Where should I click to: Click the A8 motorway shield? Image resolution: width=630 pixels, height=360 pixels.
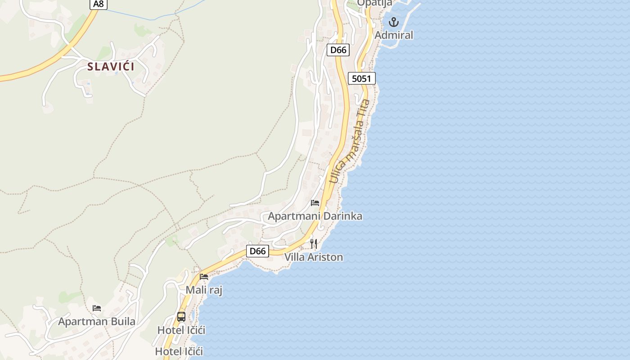click(99, 4)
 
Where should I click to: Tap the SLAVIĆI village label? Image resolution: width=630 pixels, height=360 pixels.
click(111, 67)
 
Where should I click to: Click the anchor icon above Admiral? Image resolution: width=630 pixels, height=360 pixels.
click(394, 22)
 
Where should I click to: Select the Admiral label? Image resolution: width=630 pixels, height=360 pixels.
click(394, 35)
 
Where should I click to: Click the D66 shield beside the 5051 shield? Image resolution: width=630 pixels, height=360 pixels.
click(338, 50)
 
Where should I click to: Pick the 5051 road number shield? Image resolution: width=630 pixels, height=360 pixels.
click(361, 79)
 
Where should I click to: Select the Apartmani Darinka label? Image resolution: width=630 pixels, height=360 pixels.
click(315, 216)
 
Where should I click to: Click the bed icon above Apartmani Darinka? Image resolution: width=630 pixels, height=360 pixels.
click(315, 203)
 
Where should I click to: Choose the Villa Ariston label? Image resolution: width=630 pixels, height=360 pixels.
click(314, 257)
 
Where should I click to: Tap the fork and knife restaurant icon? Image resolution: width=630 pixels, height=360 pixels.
click(314, 244)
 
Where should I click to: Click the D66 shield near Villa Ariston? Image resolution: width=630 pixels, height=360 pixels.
click(258, 251)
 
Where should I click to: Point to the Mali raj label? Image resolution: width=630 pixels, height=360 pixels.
click(204, 290)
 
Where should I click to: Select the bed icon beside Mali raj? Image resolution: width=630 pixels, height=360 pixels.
click(204, 276)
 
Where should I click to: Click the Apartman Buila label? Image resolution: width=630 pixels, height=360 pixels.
click(97, 322)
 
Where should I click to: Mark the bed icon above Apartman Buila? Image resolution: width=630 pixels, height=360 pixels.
click(97, 308)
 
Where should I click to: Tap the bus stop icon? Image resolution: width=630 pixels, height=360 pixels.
click(181, 316)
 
